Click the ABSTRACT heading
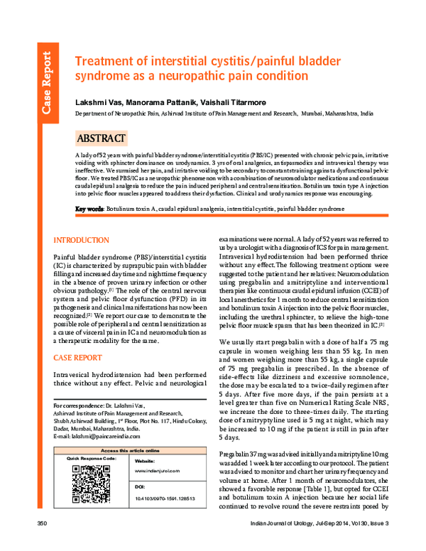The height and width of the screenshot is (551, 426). pos(102,138)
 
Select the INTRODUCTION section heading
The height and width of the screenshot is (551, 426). pos(82,241)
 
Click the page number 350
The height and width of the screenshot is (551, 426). pos(41,543)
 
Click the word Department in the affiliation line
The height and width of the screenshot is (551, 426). pos(95,113)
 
